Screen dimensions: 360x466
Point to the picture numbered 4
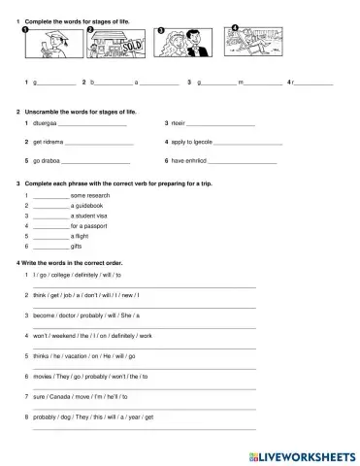click(x=248, y=42)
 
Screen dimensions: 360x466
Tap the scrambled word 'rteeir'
click(x=178, y=124)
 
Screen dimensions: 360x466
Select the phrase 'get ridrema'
click(x=49, y=143)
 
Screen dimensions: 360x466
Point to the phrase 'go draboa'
click(x=47, y=161)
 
